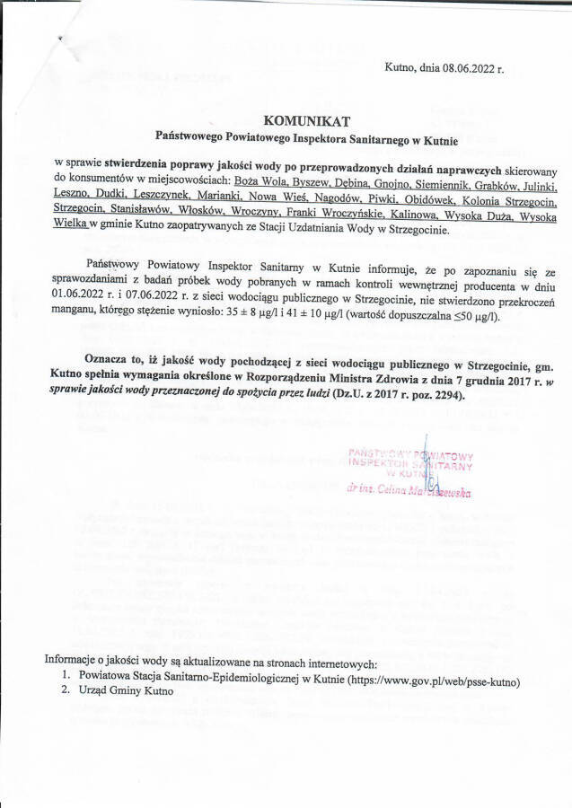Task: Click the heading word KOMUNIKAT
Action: pyautogui.click(x=301, y=120)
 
